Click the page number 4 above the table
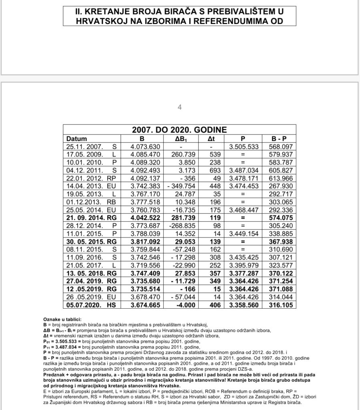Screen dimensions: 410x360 click(x=180, y=107)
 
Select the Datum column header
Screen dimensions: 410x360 click(x=76, y=139)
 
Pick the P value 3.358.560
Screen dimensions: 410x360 click(x=243, y=305)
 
